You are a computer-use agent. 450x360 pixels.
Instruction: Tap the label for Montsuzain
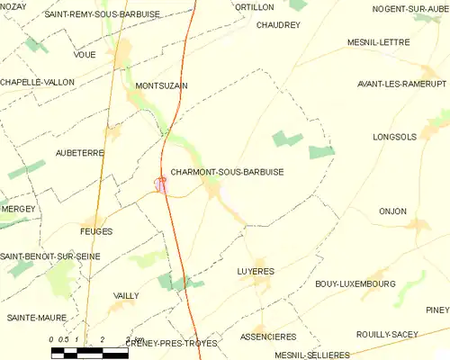(x=161, y=86)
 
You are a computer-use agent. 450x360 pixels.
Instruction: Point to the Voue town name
(x=85, y=55)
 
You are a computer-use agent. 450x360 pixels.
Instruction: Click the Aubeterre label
(x=80, y=153)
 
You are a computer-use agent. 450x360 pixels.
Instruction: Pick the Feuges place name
(x=96, y=231)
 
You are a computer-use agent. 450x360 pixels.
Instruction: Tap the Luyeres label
(x=256, y=271)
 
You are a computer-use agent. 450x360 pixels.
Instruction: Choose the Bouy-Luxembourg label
(x=355, y=283)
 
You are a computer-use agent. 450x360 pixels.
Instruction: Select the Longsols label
(x=395, y=138)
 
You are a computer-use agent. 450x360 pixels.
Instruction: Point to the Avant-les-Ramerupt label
(x=394, y=86)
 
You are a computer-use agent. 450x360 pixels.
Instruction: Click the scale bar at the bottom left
(x=90, y=351)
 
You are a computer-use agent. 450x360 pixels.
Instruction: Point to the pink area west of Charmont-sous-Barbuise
(x=160, y=184)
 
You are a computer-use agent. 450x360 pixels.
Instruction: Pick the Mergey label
(x=18, y=209)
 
